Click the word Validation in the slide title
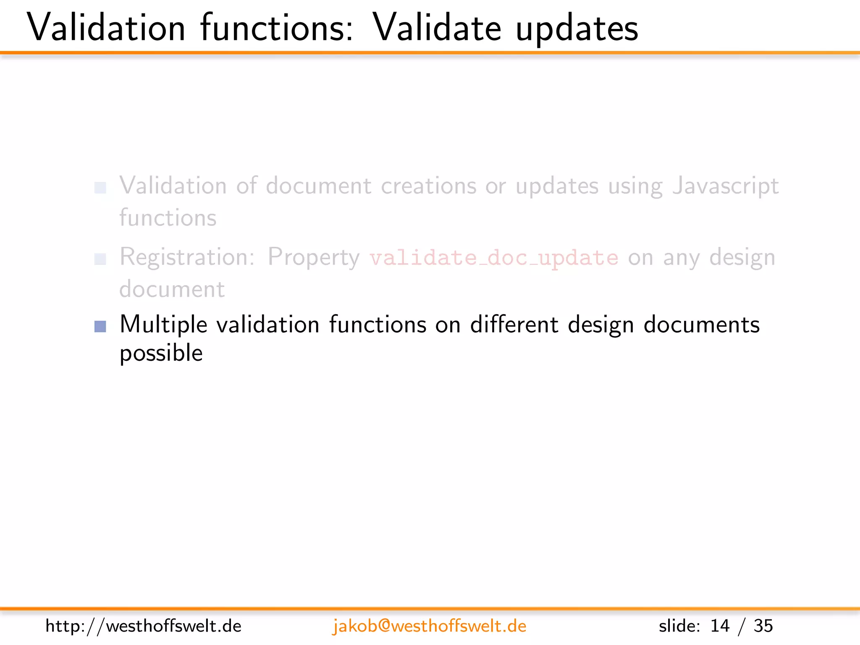pos(106,28)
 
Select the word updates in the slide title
pos(577,29)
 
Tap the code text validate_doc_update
pos(494,257)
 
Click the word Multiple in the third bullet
pos(163,325)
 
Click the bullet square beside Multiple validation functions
pos(100,326)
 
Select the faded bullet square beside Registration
pos(100,259)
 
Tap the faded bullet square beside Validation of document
pos(100,188)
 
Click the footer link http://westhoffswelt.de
pos(143,626)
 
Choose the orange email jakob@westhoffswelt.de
pos(429,626)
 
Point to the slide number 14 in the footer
pos(720,626)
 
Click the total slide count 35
pos(763,626)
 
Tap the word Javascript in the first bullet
pos(726,186)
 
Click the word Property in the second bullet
pos(314,257)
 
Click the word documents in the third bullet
pos(702,325)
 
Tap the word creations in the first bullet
pos(429,186)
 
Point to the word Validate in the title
pos(437,28)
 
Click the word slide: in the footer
pos(679,626)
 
